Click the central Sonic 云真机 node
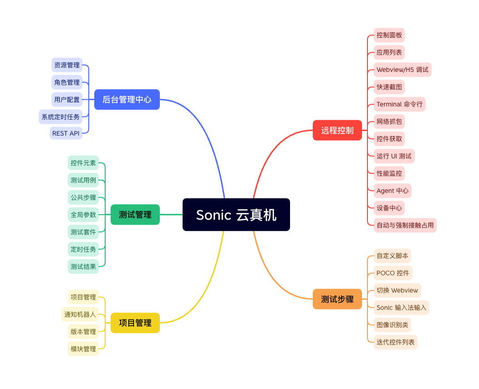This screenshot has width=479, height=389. [236, 215]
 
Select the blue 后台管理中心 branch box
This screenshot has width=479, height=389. [127, 99]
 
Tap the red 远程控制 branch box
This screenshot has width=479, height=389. [337, 130]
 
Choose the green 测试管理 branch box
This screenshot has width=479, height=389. [135, 215]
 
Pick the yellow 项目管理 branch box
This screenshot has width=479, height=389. [135, 323]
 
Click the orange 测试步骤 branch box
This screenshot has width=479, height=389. [337, 299]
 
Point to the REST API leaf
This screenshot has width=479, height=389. [66, 133]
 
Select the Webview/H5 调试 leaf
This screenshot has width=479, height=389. [402, 70]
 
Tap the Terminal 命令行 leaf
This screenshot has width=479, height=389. [399, 104]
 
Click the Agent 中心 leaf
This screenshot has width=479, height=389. [392, 191]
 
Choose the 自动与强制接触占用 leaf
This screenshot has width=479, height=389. [405, 225]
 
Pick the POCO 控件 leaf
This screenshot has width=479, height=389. [392, 273]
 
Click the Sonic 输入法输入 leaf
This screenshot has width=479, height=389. [401, 308]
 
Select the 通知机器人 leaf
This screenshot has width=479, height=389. [80, 314]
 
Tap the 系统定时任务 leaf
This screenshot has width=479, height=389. [61, 117]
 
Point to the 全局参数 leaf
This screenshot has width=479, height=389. [83, 215]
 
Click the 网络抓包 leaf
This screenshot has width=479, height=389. [389, 121]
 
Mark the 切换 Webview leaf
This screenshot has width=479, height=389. [397, 290]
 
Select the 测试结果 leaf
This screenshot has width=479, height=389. [83, 267]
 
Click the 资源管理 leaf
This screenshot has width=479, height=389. [67, 65]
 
